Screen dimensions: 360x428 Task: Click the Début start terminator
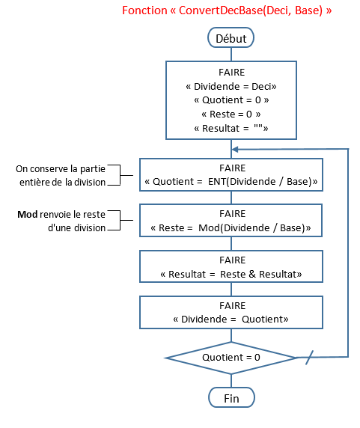[x=231, y=37]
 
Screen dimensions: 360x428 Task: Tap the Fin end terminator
[x=231, y=398]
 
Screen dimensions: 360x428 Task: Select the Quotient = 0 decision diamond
[x=231, y=358]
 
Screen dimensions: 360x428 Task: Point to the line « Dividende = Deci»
[x=231, y=87]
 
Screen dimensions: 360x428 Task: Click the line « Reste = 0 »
[x=231, y=114]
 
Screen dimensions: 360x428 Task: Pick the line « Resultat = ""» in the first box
[x=231, y=128]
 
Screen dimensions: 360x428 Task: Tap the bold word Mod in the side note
[x=27, y=215]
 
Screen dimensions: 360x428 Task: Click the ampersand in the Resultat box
[x=252, y=274]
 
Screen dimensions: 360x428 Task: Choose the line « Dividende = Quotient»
[x=231, y=319]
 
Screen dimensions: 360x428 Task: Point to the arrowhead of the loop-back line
[x=235, y=150]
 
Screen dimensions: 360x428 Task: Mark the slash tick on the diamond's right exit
[x=309, y=358]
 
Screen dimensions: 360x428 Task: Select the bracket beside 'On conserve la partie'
[x=120, y=175]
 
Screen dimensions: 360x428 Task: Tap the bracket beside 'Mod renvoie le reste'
[x=120, y=220]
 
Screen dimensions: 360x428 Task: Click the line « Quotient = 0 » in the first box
[x=231, y=100]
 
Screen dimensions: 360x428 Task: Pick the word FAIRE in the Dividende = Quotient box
[x=232, y=306]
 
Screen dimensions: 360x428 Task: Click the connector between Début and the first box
[x=231, y=55]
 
